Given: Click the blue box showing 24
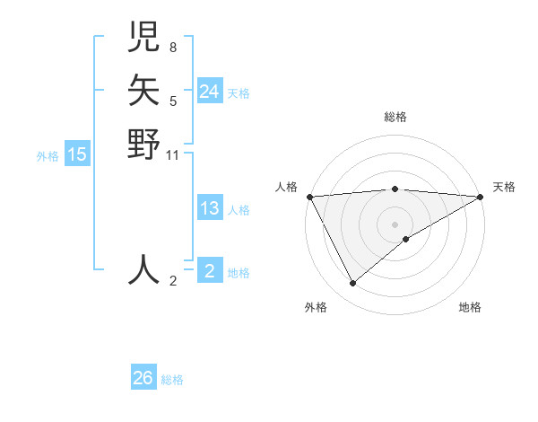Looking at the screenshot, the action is coord(209,92).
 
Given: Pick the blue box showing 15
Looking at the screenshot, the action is coord(77,155).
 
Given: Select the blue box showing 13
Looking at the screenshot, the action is coord(209,209).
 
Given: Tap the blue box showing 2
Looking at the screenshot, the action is coord(209,271).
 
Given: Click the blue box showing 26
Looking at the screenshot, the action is coord(143,378).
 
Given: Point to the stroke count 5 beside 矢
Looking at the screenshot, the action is coord(172,101).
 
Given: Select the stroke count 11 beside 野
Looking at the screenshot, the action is coord(173,154).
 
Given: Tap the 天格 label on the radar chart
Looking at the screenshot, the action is coord(504,187).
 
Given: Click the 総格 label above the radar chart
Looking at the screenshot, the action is coord(395,117).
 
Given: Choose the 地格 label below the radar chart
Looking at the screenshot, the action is coord(470,307).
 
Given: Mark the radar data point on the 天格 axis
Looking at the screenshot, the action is coord(481,197).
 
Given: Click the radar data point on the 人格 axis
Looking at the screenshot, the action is coord(309,196).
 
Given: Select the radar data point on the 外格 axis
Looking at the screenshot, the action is coord(352,284).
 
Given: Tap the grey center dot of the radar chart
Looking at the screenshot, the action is coord(395,224).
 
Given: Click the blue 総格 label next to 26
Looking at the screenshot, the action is coord(172,380).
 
